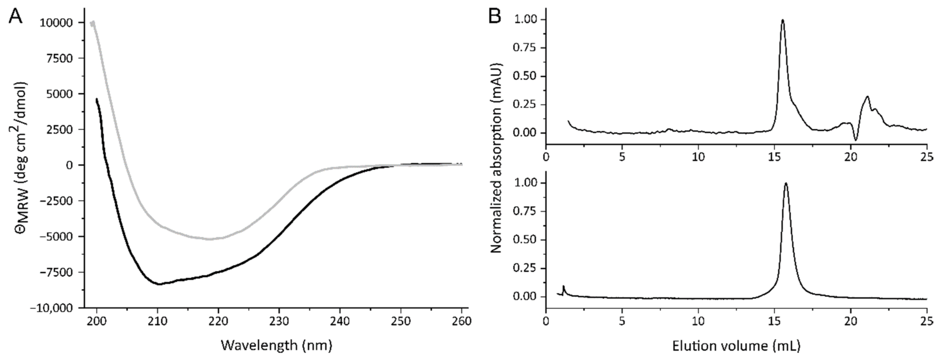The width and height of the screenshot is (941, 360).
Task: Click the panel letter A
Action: [x=15, y=16]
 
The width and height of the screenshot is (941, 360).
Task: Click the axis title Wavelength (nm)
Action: [x=276, y=345]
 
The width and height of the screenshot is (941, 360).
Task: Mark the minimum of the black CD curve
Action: [x=159, y=284]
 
